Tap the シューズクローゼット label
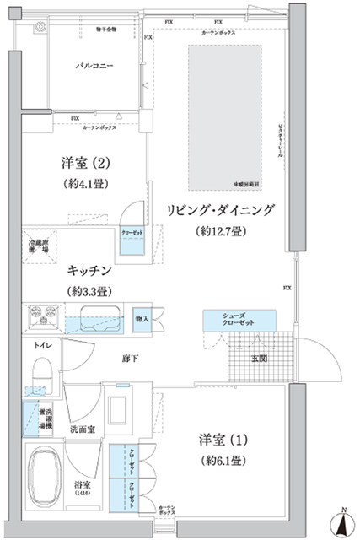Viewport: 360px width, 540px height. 239,321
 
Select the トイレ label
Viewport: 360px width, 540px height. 42,345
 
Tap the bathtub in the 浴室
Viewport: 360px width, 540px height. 46,477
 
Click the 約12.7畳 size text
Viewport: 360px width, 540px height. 219,231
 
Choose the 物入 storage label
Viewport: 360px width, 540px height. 142,318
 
